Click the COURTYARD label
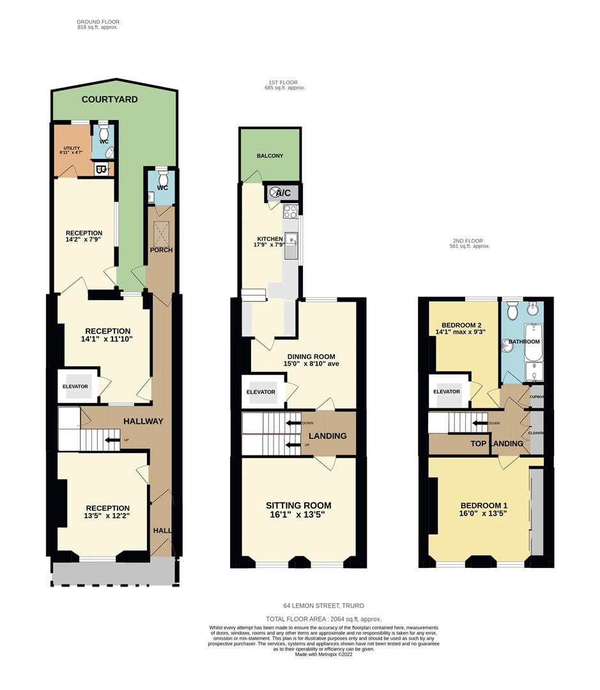pyautogui.click(x=109, y=100)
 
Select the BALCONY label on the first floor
pyautogui.click(x=270, y=156)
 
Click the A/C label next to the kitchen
pyautogui.click(x=283, y=192)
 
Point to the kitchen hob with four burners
pyautogui.click(x=291, y=211)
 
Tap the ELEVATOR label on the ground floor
pyautogui.click(x=75, y=387)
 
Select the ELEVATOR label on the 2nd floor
pyautogui.click(x=447, y=392)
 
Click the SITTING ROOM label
pyautogui.click(x=298, y=505)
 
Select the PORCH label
pyautogui.click(x=162, y=249)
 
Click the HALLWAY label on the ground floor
pyautogui.click(x=143, y=422)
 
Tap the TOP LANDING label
pyautogui.click(x=497, y=443)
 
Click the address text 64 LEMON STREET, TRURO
pyautogui.click(x=324, y=606)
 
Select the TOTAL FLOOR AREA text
pyautogui.click(x=324, y=618)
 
